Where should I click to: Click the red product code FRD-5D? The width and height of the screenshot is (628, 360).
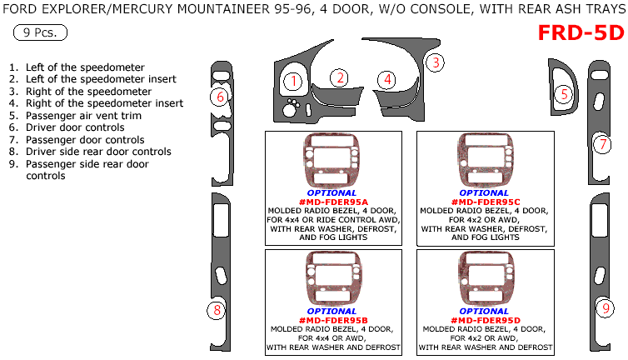tap(581, 32)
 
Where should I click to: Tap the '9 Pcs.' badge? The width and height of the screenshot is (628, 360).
tap(41, 33)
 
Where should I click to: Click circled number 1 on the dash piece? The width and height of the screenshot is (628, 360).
tap(292, 81)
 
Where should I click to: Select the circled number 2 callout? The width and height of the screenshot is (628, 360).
tap(339, 78)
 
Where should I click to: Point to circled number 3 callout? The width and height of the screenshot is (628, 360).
tap(435, 62)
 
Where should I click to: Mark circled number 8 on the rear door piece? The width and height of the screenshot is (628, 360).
tap(216, 311)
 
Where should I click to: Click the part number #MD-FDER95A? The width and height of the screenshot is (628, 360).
tap(332, 202)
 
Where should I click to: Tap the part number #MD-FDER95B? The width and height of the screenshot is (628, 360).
tap(332, 320)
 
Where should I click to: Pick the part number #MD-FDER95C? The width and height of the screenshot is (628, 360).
tap(485, 202)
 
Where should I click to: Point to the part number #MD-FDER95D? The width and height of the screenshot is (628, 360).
tap(485, 320)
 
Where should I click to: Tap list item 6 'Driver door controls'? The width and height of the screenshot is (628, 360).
tap(75, 127)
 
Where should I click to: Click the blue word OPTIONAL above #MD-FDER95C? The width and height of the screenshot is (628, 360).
tap(485, 192)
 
